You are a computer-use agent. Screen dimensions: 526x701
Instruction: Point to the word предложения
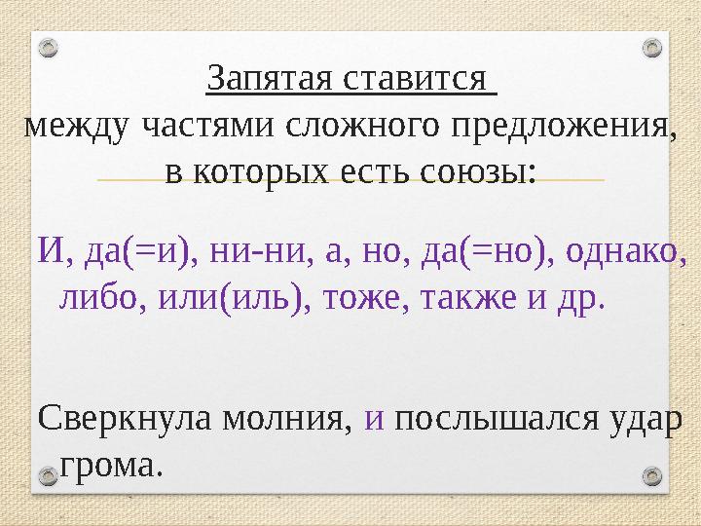(556, 126)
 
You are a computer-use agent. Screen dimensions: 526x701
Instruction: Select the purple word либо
(92, 297)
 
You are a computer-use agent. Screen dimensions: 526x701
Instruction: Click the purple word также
(469, 297)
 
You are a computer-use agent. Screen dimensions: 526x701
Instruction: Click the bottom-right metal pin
(653, 475)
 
